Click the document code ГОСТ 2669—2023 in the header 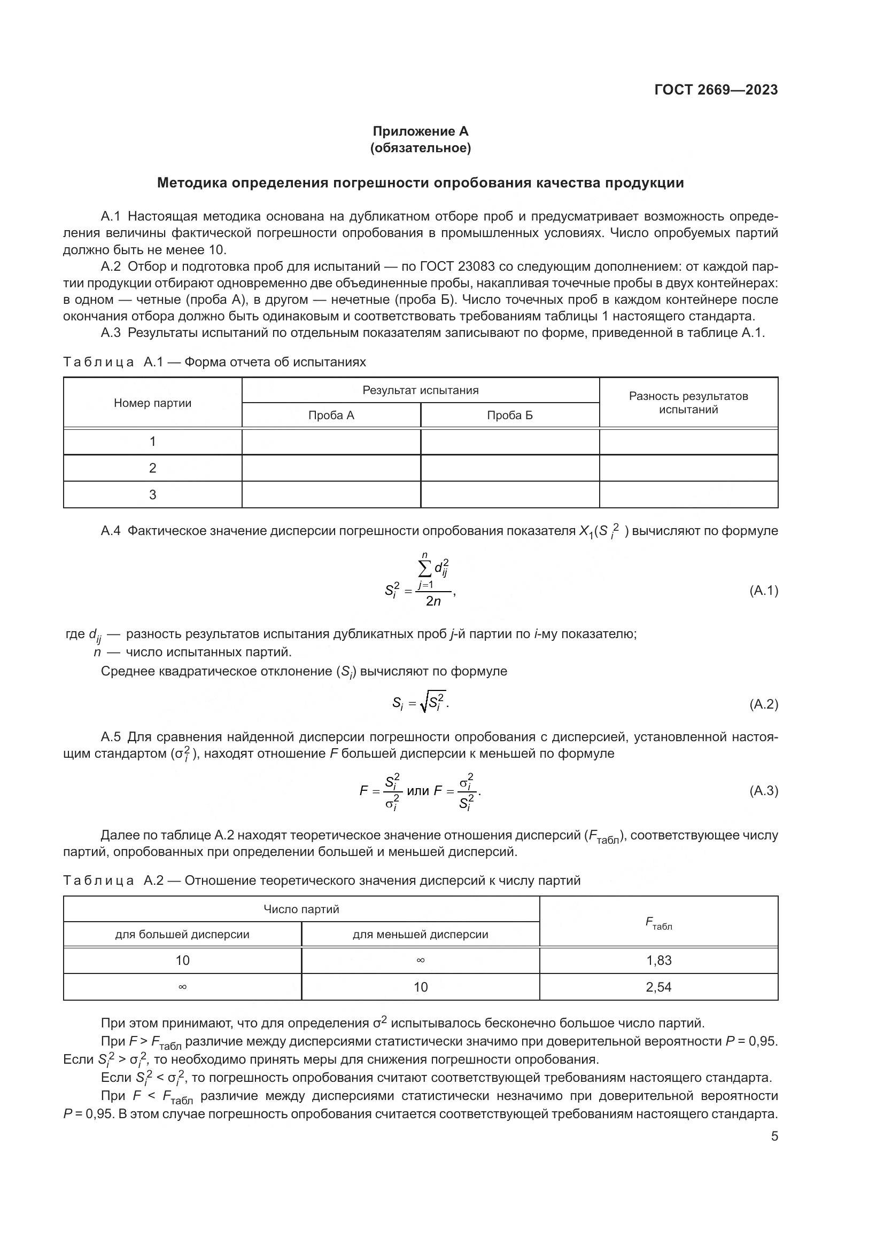click(716, 90)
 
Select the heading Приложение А click(420, 131)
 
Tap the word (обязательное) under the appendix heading click(420, 148)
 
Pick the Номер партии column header click(152, 403)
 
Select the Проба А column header click(331, 415)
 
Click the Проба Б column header click(509, 415)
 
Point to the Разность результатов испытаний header click(688, 403)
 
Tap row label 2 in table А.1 click(152, 468)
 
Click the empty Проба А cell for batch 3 click(331, 494)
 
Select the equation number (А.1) click(764, 591)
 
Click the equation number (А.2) click(764, 704)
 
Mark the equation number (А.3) click(764, 791)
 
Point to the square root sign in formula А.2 click(424, 703)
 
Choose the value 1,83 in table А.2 click(658, 960)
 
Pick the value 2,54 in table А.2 click(658, 987)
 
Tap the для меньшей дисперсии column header click(420, 934)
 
